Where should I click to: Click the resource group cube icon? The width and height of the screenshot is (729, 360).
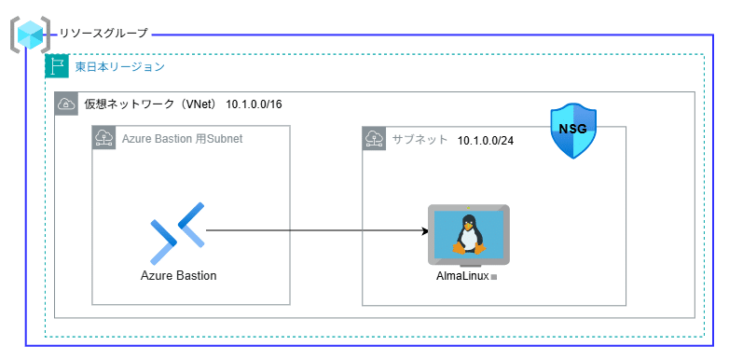tap(30, 34)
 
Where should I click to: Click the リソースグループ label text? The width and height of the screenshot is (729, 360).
tap(103, 34)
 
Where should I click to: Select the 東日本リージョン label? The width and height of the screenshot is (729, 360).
tap(119, 67)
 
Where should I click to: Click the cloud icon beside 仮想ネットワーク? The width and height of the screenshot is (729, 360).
tap(66, 104)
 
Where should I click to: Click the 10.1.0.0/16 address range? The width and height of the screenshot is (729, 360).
tap(254, 104)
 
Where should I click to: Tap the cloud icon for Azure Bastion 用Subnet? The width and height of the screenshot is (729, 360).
tap(103, 138)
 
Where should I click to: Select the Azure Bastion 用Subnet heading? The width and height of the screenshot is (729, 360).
tap(182, 139)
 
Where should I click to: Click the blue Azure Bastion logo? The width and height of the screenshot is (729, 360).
tap(177, 231)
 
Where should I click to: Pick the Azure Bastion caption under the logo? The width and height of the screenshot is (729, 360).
tap(178, 275)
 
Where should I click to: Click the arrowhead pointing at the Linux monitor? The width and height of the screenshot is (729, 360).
tap(421, 230)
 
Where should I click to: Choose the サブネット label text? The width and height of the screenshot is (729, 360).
tap(420, 139)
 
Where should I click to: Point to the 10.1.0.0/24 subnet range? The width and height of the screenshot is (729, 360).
tap(486, 140)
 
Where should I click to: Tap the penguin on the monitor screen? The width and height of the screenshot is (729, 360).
tap(468, 233)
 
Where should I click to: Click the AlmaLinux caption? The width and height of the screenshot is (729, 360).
tap(462, 276)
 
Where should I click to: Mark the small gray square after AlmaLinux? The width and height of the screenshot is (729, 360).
tap(494, 278)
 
